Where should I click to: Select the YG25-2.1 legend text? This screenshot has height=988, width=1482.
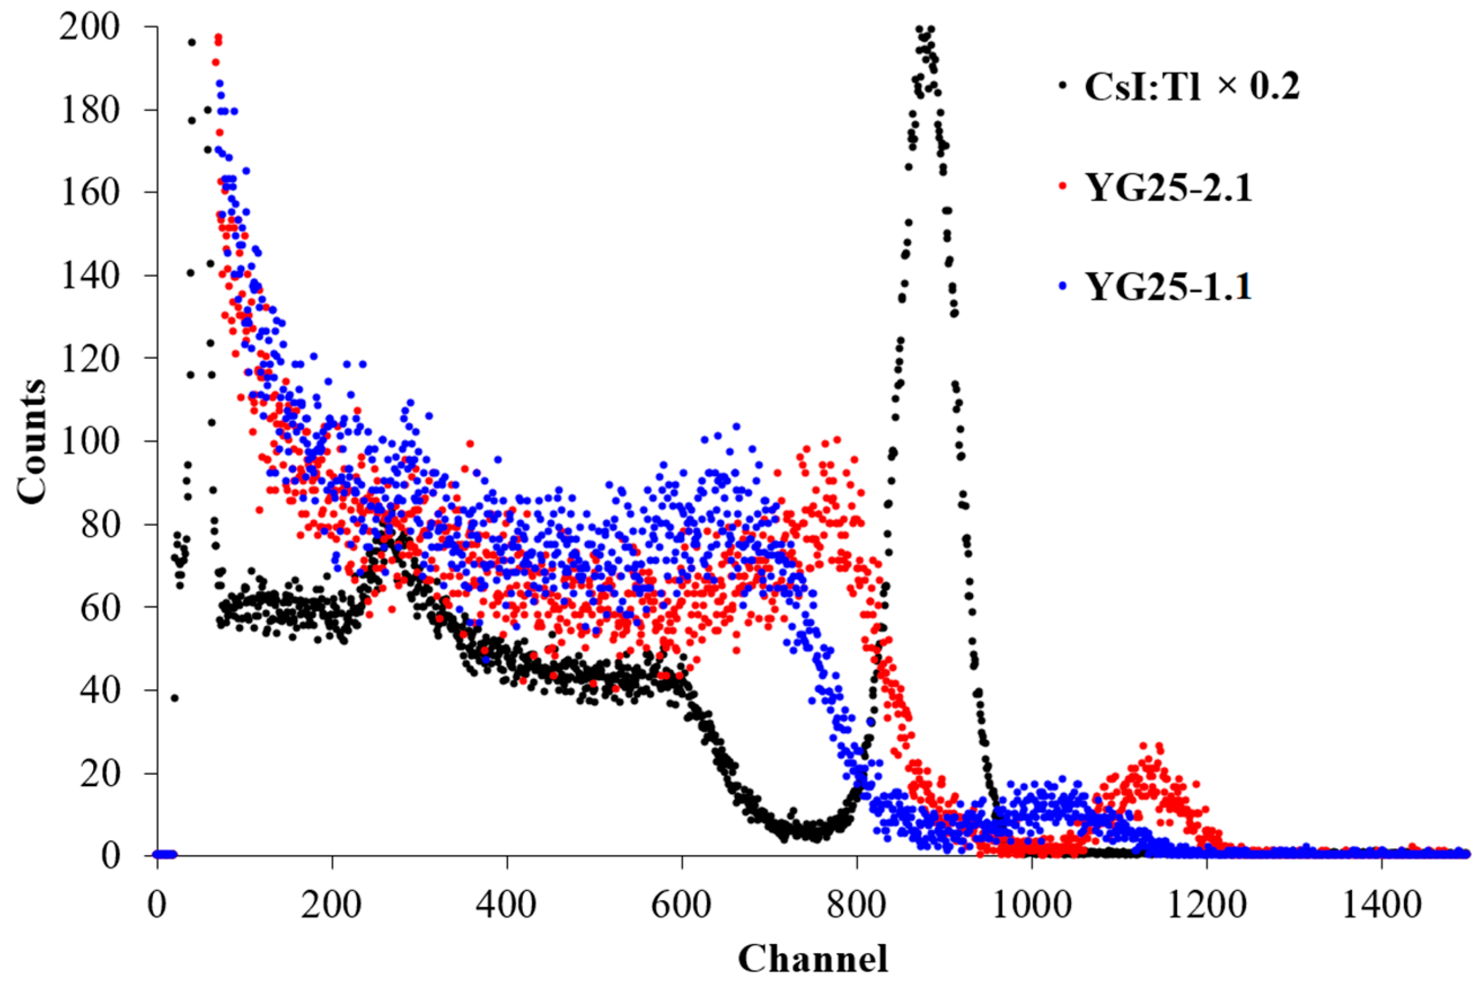pyautogui.click(x=1170, y=187)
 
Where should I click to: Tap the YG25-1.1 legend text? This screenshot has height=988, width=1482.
pyautogui.click(x=1170, y=287)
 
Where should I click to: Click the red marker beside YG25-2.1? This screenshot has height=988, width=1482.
pyautogui.click(x=1064, y=186)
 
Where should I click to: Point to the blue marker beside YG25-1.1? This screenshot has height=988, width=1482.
pyautogui.click(x=1064, y=285)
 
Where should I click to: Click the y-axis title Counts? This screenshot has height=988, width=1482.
pyautogui.click(x=32, y=441)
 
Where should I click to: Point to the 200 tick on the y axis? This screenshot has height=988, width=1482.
pyautogui.click(x=90, y=28)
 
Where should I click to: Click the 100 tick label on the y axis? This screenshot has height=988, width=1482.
pyautogui.click(x=90, y=442)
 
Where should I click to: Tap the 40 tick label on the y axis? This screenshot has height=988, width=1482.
pyautogui.click(x=101, y=690)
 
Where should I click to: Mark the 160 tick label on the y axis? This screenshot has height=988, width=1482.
pyautogui.click(x=90, y=193)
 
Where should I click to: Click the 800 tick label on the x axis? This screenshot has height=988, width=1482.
pyautogui.click(x=856, y=906)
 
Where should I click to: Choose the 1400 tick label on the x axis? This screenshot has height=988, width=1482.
pyautogui.click(x=1381, y=906)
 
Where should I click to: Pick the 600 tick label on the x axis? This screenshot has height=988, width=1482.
pyautogui.click(x=681, y=906)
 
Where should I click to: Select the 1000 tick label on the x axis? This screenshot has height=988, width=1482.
pyautogui.click(x=1031, y=906)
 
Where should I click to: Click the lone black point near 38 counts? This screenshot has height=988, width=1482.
pyautogui.click(x=175, y=698)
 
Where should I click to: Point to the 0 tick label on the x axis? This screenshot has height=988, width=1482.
pyautogui.click(x=157, y=906)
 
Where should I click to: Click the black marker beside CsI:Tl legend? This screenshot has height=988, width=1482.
pyautogui.click(x=1064, y=86)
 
